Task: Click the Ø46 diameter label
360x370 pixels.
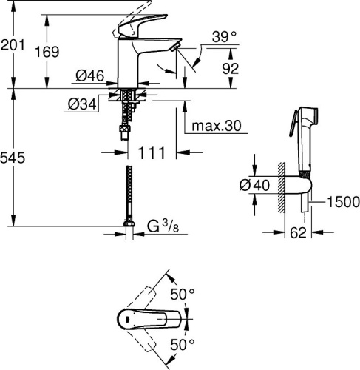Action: coord(89,75)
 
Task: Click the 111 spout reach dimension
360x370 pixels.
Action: coord(151,154)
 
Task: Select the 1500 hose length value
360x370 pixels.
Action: coord(342,202)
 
